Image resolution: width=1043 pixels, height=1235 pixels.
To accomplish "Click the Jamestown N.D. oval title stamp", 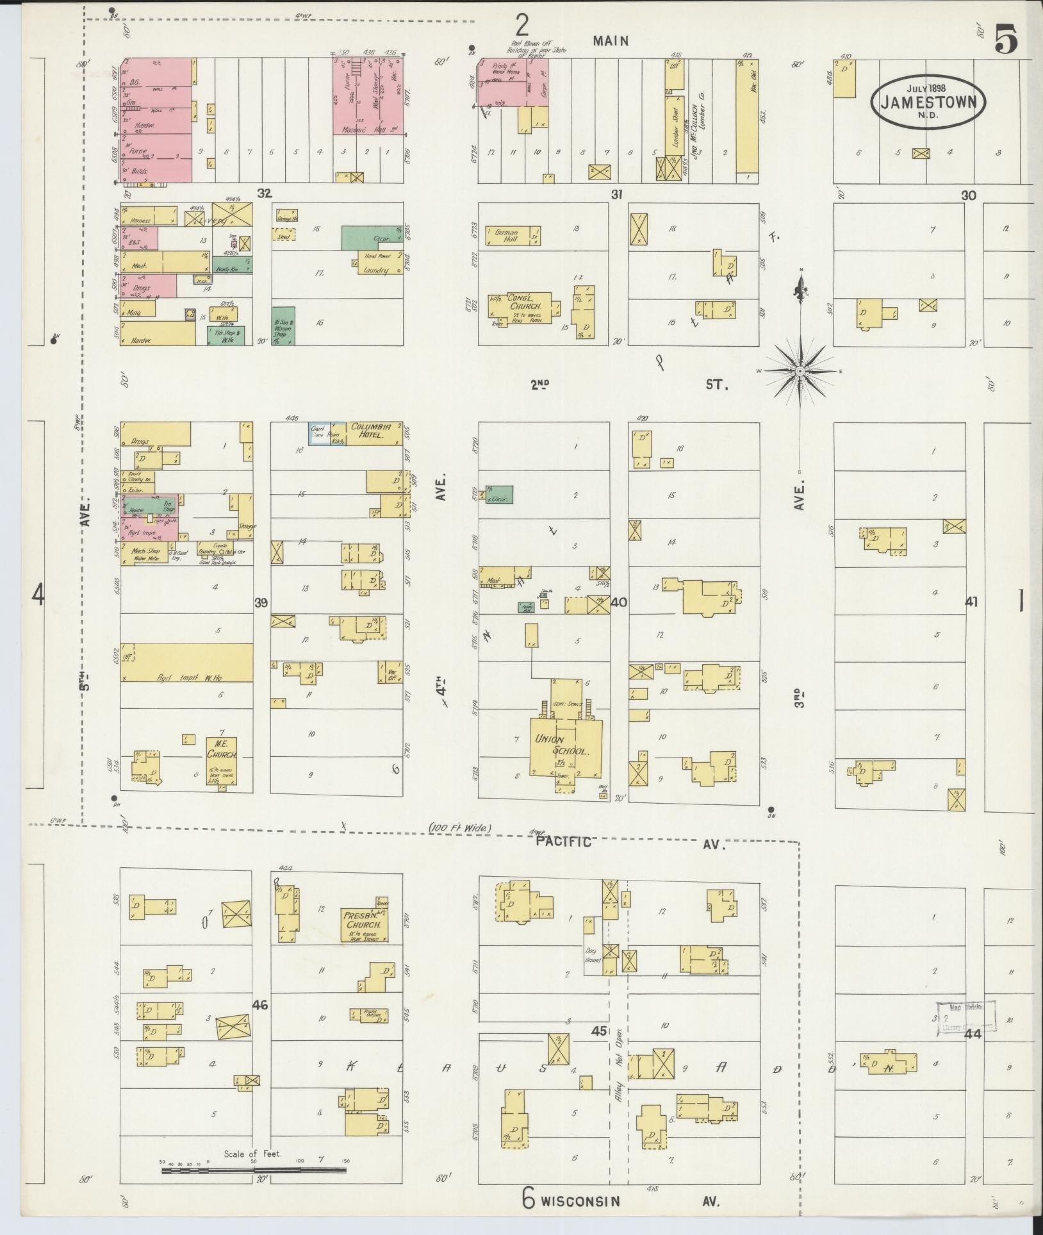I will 928,101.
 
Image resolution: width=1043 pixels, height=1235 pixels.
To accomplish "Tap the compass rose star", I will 800,371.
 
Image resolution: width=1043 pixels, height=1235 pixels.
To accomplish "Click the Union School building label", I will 563,745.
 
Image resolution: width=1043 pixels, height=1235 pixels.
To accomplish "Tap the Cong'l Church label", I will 525,302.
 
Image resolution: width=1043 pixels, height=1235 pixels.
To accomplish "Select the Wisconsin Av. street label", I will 580,1201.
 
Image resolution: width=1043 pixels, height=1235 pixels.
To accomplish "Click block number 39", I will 261,602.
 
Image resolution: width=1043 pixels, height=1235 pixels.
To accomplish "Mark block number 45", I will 598,1031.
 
